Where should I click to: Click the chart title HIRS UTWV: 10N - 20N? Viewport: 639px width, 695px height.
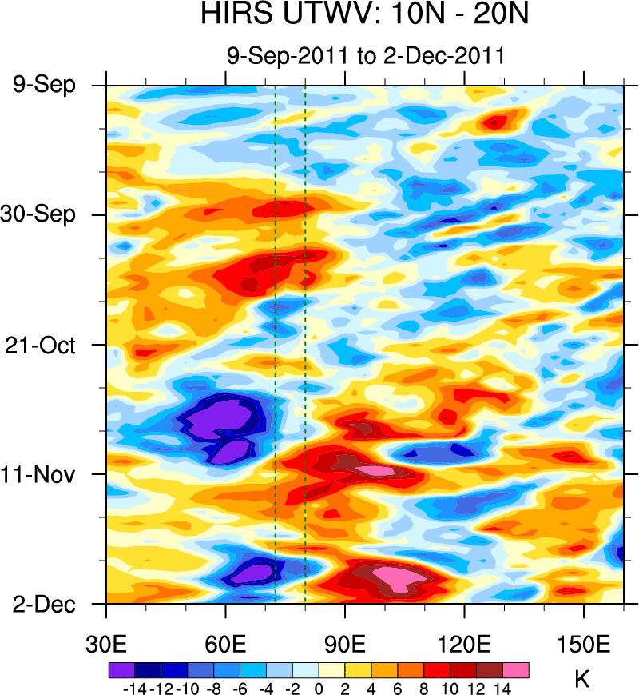[365, 16]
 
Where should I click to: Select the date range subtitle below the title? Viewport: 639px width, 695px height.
[365, 55]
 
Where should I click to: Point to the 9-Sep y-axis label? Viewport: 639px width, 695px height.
[44, 84]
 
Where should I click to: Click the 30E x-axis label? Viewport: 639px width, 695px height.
[106, 645]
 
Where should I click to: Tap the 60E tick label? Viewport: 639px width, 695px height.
[226, 645]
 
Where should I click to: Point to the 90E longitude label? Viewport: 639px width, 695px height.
[345, 645]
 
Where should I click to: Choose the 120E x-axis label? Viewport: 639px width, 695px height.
[464, 645]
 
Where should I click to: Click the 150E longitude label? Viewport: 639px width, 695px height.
[584, 645]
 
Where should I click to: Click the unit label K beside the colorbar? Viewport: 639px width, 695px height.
[582, 680]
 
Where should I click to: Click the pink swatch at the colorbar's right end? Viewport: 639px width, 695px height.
[516, 670]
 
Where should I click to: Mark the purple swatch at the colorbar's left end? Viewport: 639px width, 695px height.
[121, 670]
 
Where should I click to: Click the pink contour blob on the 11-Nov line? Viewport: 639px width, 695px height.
[375, 470]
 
